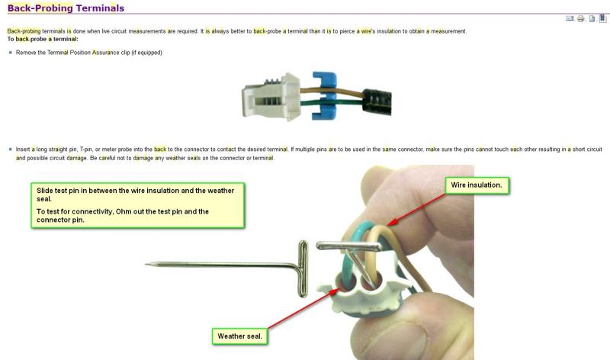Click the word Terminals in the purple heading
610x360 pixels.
(100, 8)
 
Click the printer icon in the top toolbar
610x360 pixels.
(581, 18)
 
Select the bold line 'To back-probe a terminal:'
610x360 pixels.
(43, 39)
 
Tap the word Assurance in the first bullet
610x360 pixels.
(106, 53)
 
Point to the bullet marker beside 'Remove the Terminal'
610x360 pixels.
(11, 52)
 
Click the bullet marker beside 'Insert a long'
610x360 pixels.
(11, 149)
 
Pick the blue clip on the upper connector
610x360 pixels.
(325, 95)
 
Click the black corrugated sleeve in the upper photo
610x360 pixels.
(377, 102)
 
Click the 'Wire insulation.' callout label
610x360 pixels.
(477, 185)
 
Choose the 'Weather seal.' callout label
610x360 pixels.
(239, 336)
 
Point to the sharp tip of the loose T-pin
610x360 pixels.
(146, 264)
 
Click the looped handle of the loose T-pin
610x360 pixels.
(303, 268)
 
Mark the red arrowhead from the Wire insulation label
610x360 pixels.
(392, 222)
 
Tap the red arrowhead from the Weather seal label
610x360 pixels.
(334, 291)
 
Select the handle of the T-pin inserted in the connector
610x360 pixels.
(348, 246)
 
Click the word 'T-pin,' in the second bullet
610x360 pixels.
(86, 149)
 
